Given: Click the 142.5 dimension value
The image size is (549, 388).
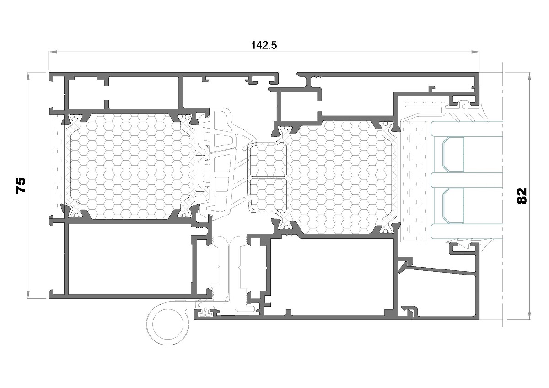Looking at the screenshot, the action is [x=264, y=45].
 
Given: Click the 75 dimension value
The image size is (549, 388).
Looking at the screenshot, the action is [x=21, y=185].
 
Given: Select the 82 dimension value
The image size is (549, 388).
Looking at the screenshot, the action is [x=521, y=196].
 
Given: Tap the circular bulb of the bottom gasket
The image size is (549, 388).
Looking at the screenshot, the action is [x=168, y=324].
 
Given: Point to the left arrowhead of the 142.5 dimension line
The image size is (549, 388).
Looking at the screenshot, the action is [x=53, y=52].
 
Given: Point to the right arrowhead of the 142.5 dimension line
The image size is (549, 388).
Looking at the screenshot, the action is [x=475, y=52].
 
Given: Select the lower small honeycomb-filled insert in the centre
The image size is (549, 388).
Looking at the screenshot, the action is [x=268, y=195].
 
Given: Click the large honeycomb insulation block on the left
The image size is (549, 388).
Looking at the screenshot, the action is [x=130, y=167].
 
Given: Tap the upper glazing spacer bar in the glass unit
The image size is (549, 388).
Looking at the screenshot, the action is [x=453, y=154].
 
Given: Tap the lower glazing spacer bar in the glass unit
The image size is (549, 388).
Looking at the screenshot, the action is [x=453, y=206].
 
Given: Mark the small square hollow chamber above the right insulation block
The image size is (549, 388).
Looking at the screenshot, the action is [x=299, y=107].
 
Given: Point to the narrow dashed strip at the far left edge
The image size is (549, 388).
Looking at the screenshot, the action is [x=57, y=166].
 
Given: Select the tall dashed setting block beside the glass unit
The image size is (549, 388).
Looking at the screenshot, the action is [x=414, y=181].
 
